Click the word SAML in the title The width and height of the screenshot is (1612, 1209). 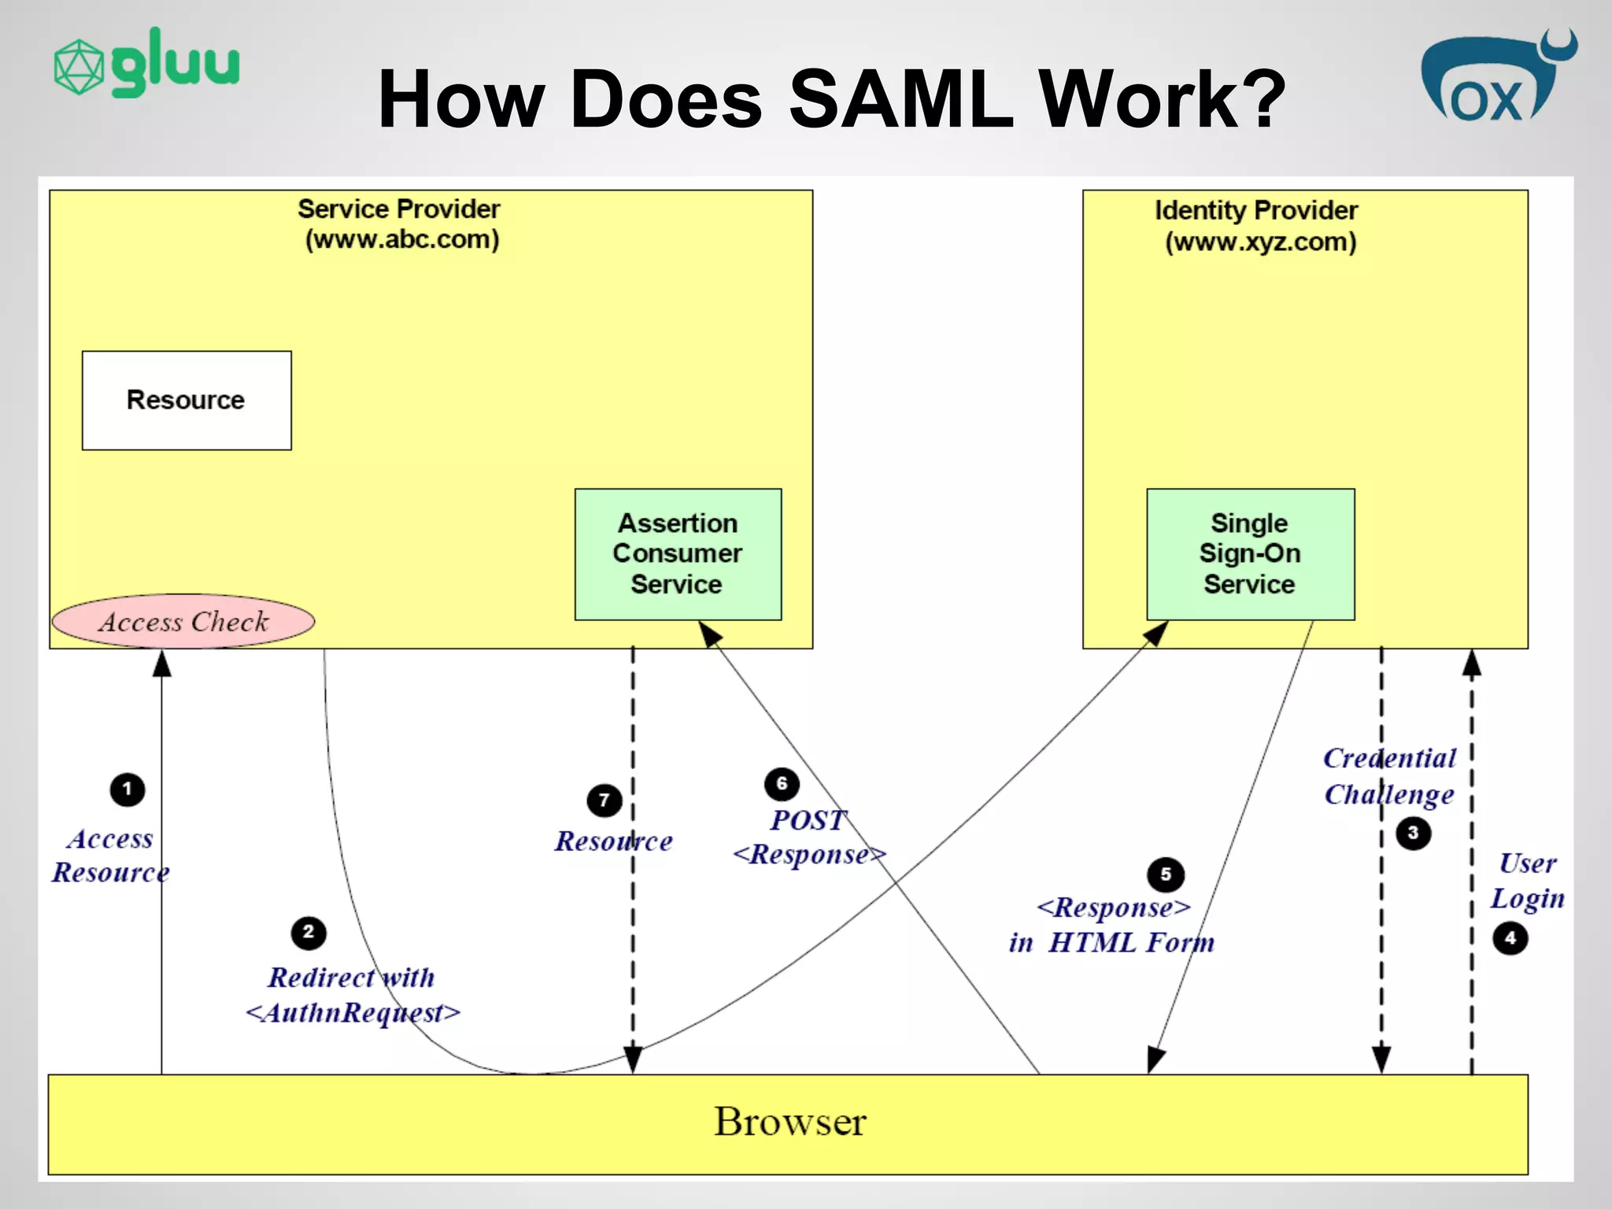coord(900,99)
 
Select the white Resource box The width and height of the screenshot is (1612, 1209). coord(187,400)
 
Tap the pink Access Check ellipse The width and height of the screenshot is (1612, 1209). coord(183,621)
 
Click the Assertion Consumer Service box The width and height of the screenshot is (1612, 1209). coord(678,553)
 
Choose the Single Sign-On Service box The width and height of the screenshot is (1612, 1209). coord(1250,553)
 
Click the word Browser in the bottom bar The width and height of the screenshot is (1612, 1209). coord(789,1122)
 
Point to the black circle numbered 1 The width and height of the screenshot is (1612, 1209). coord(128,789)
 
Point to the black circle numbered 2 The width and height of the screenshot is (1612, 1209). coord(309,933)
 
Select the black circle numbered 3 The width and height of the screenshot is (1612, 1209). coord(1413,833)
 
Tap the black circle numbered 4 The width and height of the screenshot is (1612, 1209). coord(1510,937)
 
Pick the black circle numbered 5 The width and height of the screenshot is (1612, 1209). coord(1166,874)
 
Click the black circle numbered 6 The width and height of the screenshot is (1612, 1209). coord(782,783)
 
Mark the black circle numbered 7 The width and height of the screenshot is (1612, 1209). coord(604,800)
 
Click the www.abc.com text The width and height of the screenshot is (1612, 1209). coord(402,239)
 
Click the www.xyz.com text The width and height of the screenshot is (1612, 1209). coord(1260,242)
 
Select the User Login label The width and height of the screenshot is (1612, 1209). coord(1527,881)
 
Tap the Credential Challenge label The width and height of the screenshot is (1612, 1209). coord(1389,776)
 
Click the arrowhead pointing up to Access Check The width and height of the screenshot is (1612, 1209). coord(162,664)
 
